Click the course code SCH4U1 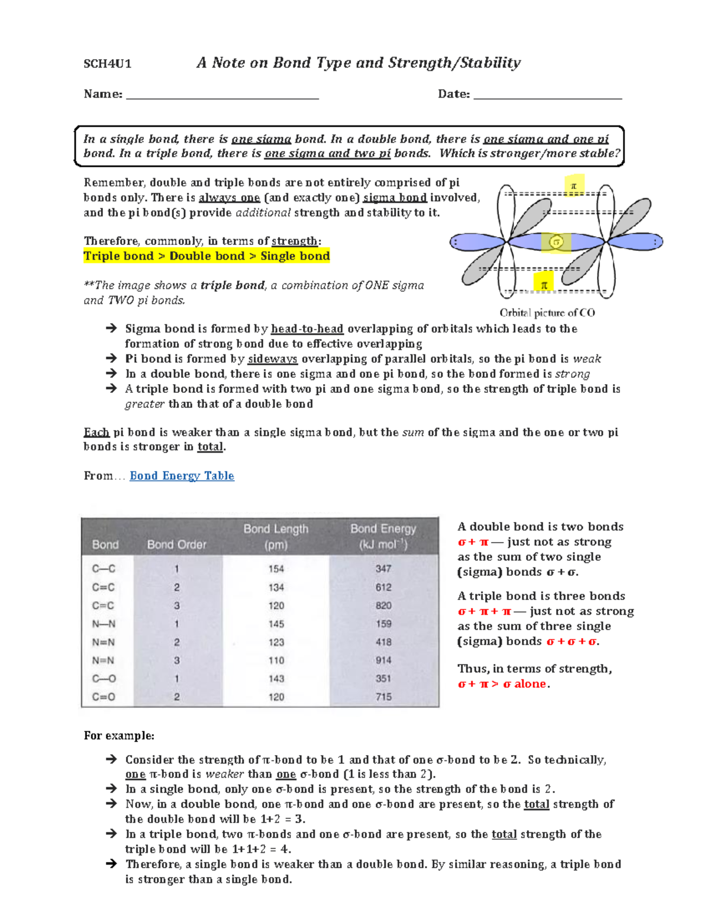[x=107, y=64]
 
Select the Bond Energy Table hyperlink [x=182, y=476]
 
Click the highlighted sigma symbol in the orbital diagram [x=556, y=241]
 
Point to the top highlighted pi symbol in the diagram [x=573, y=186]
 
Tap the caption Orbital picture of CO [x=547, y=312]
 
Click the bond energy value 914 [x=383, y=660]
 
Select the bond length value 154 [x=276, y=569]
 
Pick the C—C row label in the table [x=104, y=569]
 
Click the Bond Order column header [x=176, y=544]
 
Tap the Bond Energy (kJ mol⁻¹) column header [x=383, y=536]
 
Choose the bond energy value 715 [x=383, y=697]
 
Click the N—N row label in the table [x=104, y=624]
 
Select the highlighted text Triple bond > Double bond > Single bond [x=206, y=256]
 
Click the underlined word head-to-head [x=306, y=329]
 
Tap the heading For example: [x=119, y=736]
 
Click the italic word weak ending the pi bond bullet [x=587, y=359]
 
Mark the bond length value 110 [x=276, y=660]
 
